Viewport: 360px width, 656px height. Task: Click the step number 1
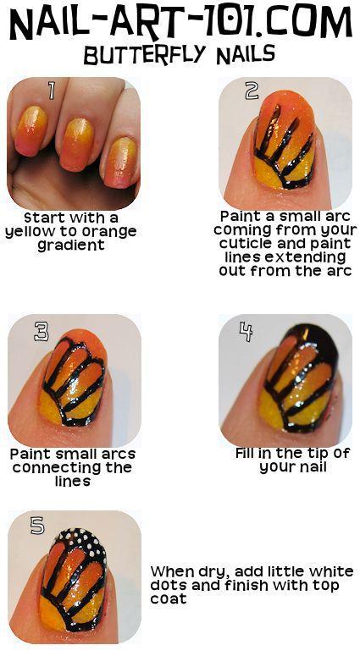[x=52, y=90]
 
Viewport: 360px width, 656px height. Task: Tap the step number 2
[x=252, y=91]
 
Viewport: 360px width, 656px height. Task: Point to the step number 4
[x=246, y=331]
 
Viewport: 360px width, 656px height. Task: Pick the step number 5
[x=37, y=526]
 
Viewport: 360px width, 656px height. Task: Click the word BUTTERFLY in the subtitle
[x=145, y=55]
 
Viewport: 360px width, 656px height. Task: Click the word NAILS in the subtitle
[x=246, y=55]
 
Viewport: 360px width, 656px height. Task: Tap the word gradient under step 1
[x=71, y=245]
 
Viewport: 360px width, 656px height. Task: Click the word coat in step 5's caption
[x=169, y=598]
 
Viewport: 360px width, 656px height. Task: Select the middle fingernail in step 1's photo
[x=78, y=145]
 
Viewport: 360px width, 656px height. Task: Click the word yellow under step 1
[x=29, y=232]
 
